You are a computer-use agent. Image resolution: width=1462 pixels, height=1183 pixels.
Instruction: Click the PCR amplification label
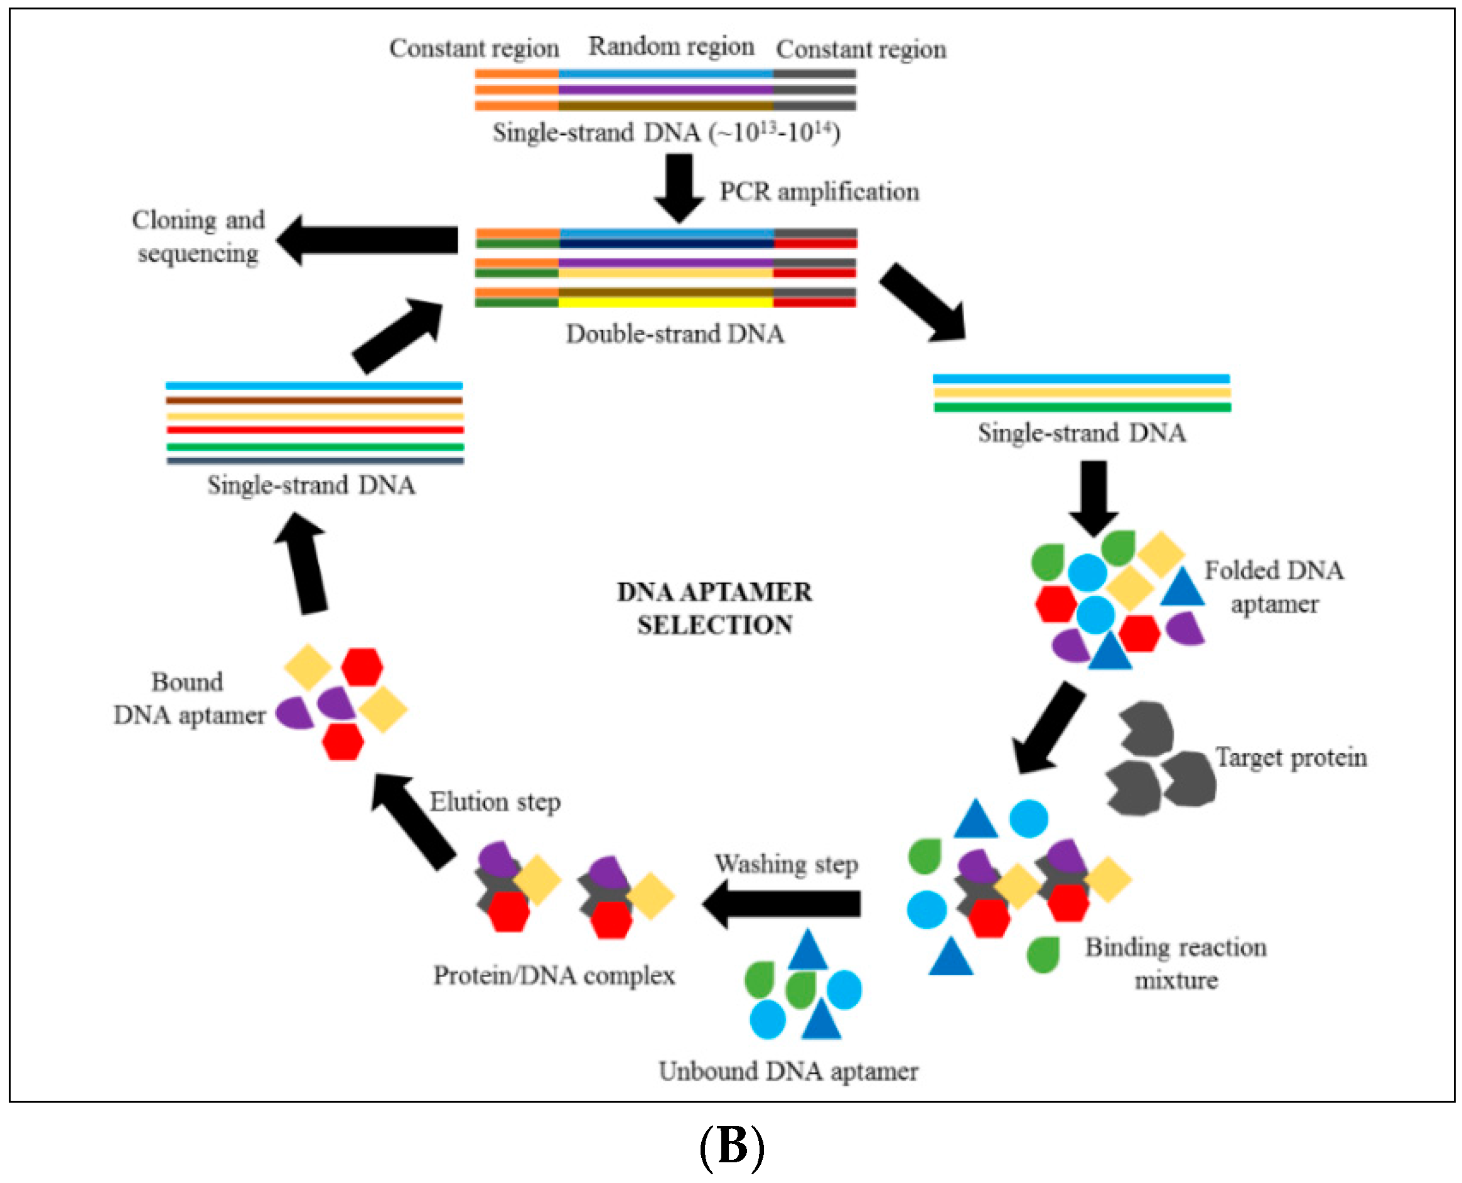(x=819, y=192)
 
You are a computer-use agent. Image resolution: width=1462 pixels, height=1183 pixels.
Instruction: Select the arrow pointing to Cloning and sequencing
(x=368, y=240)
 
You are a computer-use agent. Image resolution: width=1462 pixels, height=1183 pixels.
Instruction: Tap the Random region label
(x=671, y=46)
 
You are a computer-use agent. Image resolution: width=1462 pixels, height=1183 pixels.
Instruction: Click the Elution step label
(x=495, y=802)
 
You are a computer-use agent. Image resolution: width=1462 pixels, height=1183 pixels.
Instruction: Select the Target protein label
(x=1291, y=757)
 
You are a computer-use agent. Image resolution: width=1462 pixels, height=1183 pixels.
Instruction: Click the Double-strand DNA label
(x=675, y=334)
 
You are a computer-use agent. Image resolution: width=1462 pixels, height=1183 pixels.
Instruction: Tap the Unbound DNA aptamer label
(x=788, y=1071)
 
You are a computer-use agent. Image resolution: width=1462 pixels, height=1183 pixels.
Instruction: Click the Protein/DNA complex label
(x=554, y=976)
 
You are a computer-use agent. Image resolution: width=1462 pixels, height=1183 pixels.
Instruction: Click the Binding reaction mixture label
(x=1176, y=963)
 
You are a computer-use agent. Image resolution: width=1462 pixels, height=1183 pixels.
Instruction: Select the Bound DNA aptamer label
(x=189, y=699)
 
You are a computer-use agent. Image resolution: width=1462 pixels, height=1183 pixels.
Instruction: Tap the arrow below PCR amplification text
(x=679, y=188)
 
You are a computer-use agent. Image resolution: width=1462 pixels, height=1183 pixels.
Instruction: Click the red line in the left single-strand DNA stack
(x=315, y=430)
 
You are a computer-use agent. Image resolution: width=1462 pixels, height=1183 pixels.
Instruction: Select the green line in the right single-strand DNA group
(x=1082, y=407)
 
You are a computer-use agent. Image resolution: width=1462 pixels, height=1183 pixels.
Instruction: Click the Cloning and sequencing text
(x=198, y=237)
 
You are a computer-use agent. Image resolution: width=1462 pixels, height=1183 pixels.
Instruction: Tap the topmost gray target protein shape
(x=1146, y=729)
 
